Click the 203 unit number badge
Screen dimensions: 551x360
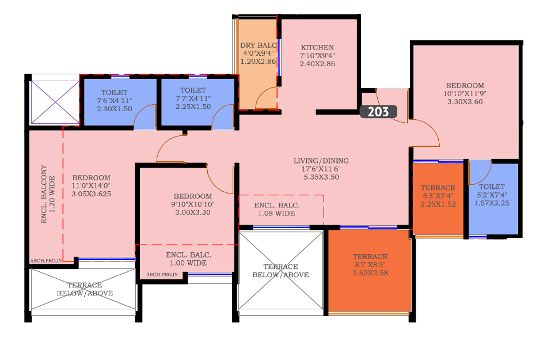point(378,112)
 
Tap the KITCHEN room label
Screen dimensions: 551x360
point(317,47)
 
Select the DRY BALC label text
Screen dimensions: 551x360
point(259,46)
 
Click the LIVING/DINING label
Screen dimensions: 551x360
point(321,161)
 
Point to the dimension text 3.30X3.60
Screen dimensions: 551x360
point(465,101)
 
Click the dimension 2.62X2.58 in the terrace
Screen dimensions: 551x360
point(370,273)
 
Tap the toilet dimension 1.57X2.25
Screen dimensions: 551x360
point(492,203)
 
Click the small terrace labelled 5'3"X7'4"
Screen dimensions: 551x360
point(438,199)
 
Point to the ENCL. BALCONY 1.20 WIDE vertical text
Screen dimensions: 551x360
point(48,194)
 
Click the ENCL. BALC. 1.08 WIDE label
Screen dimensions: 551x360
point(277,209)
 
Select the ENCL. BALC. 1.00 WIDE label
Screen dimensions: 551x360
point(188,259)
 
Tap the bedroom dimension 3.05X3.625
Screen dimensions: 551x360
point(92,194)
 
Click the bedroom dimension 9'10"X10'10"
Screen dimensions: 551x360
point(192,204)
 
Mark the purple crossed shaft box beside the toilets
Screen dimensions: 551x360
point(55,103)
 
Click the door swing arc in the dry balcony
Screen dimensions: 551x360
point(262,92)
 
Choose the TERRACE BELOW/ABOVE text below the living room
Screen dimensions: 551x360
point(281,271)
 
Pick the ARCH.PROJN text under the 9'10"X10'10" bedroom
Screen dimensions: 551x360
point(162,275)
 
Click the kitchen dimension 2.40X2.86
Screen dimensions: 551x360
point(317,63)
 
